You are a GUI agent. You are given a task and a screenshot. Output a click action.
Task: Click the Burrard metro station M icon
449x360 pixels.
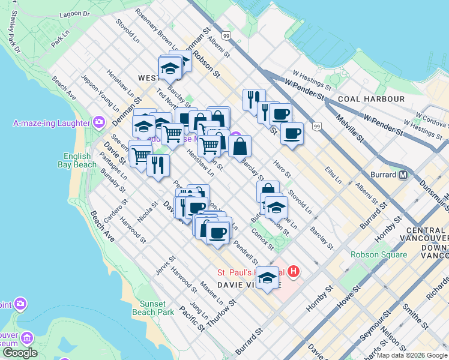coord(403,175)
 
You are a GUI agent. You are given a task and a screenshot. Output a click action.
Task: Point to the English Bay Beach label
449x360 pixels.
coord(76,160)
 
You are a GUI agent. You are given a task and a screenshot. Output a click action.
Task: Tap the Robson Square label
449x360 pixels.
coord(379,254)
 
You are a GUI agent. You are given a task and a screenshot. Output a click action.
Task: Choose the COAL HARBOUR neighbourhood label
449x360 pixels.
coord(370,99)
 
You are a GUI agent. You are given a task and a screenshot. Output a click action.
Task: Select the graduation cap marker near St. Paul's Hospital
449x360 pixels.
coord(268,278)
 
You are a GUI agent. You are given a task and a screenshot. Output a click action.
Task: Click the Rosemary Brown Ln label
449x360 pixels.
coord(157,29)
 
